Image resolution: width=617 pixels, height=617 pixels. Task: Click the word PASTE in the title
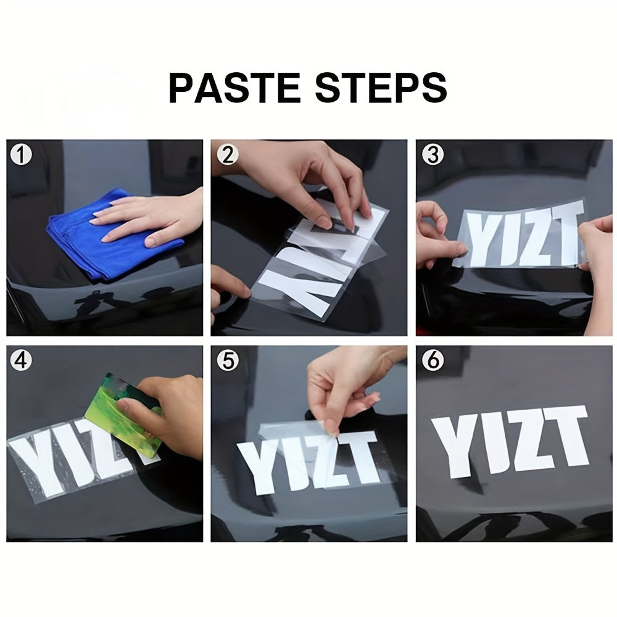(x=234, y=88)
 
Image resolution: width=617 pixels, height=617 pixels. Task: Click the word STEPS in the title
(x=381, y=88)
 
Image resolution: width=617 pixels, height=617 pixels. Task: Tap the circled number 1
(x=21, y=155)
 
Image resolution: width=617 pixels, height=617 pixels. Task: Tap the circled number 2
(x=228, y=155)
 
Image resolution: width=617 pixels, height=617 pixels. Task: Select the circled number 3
(x=433, y=155)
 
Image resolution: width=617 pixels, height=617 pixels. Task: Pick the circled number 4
(x=21, y=360)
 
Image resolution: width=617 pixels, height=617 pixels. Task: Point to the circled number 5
(x=228, y=360)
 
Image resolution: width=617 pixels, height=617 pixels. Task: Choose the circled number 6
(x=433, y=360)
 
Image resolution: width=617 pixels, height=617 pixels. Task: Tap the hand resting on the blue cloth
(x=149, y=220)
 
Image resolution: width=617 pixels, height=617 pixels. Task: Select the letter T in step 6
(x=564, y=435)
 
